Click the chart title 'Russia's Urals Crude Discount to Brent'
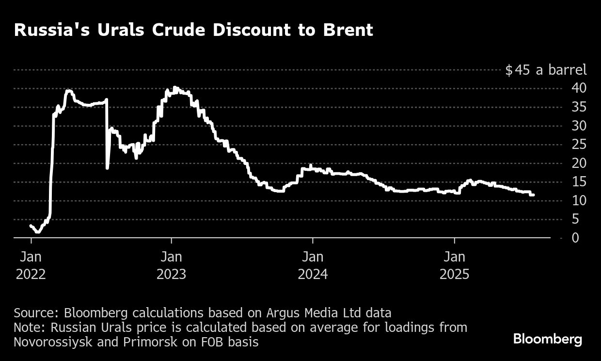click(193, 30)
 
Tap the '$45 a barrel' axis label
click(546, 70)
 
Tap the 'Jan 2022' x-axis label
click(31, 265)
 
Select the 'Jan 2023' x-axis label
click(171, 265)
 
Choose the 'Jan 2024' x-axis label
click(313, 265)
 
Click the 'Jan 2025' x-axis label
click(454, 265)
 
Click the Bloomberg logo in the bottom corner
click(548, 339)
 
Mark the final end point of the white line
click(533, 195)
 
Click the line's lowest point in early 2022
click(38, 232)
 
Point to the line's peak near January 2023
click(174, 88)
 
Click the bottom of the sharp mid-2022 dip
click(107, 168)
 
